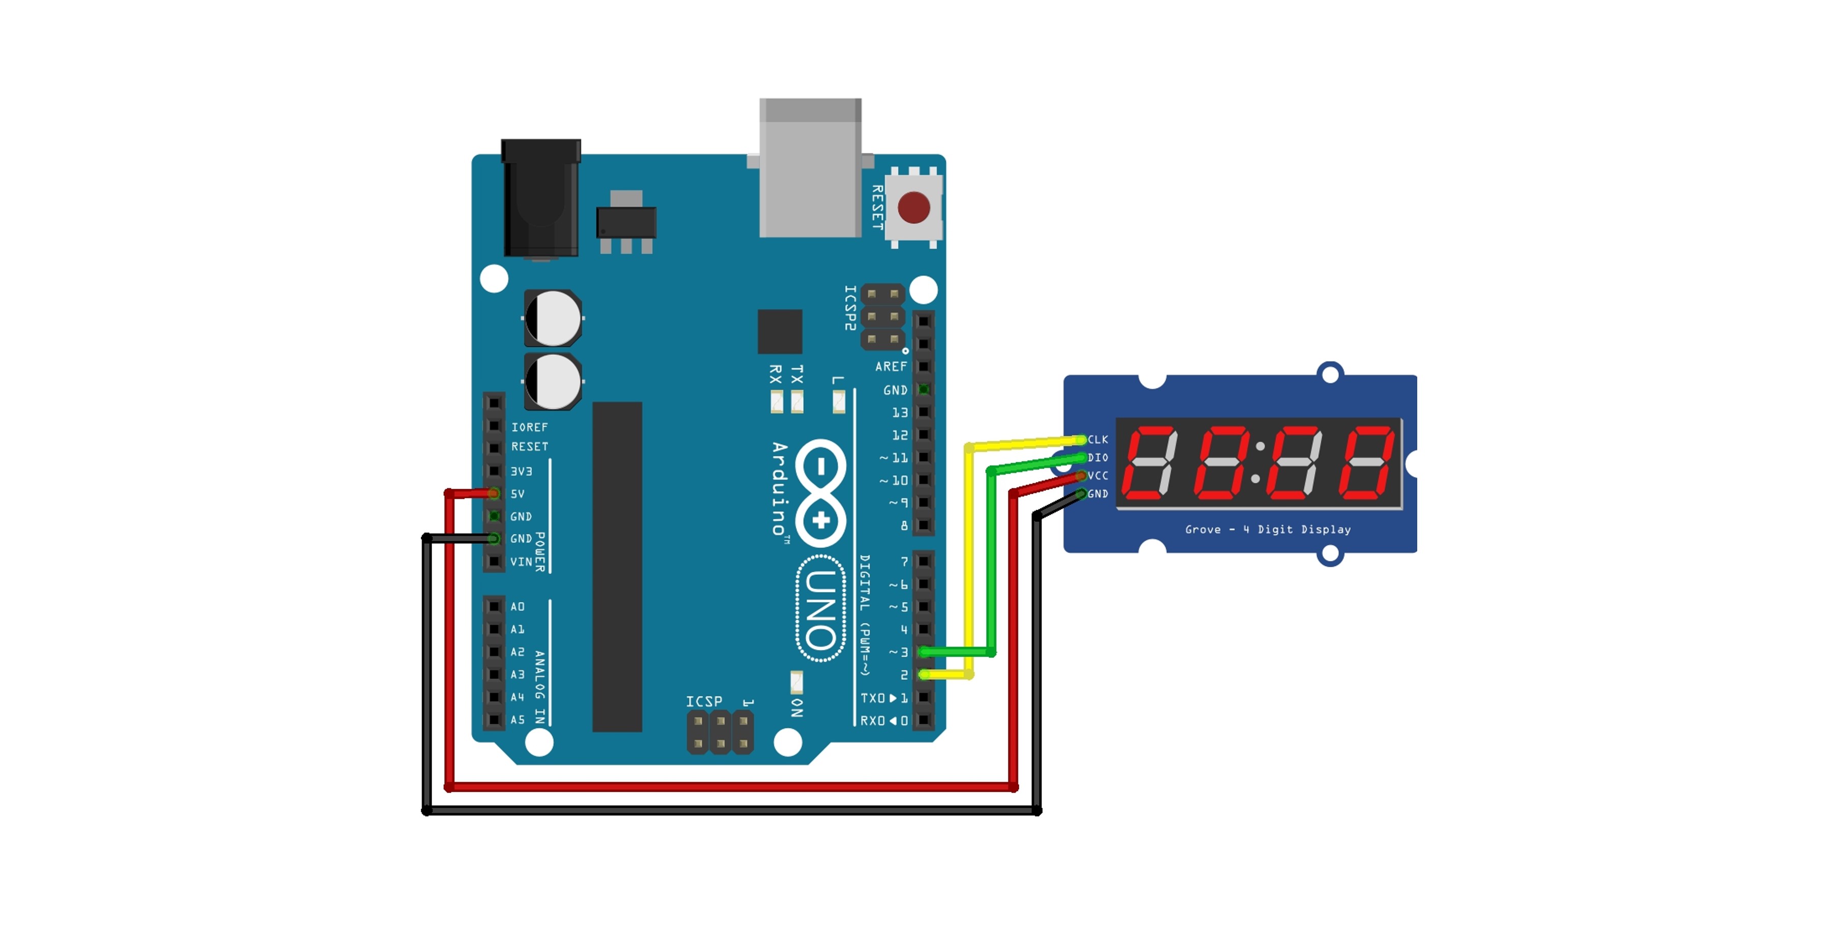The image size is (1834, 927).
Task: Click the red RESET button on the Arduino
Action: pos(913,207)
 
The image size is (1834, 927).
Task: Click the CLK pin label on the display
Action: pos(1098,439)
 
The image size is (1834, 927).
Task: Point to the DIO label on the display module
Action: pos(1098,458)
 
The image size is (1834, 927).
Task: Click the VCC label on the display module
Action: pos(1098,475)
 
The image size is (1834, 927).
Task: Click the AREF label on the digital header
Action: pos(891,367)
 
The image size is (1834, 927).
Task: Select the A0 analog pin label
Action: pos(518,607)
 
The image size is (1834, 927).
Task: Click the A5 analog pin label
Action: pos(518,720)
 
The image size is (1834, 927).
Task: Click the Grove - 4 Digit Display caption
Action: pos(1267,529)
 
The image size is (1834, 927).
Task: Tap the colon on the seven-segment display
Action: pos(1258,463)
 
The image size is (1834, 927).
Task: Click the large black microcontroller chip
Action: pos(617,567)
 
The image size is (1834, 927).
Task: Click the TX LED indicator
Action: pos(797,402)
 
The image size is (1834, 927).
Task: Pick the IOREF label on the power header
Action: pos(530,427)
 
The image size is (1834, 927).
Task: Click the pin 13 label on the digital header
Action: pos(900,413)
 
